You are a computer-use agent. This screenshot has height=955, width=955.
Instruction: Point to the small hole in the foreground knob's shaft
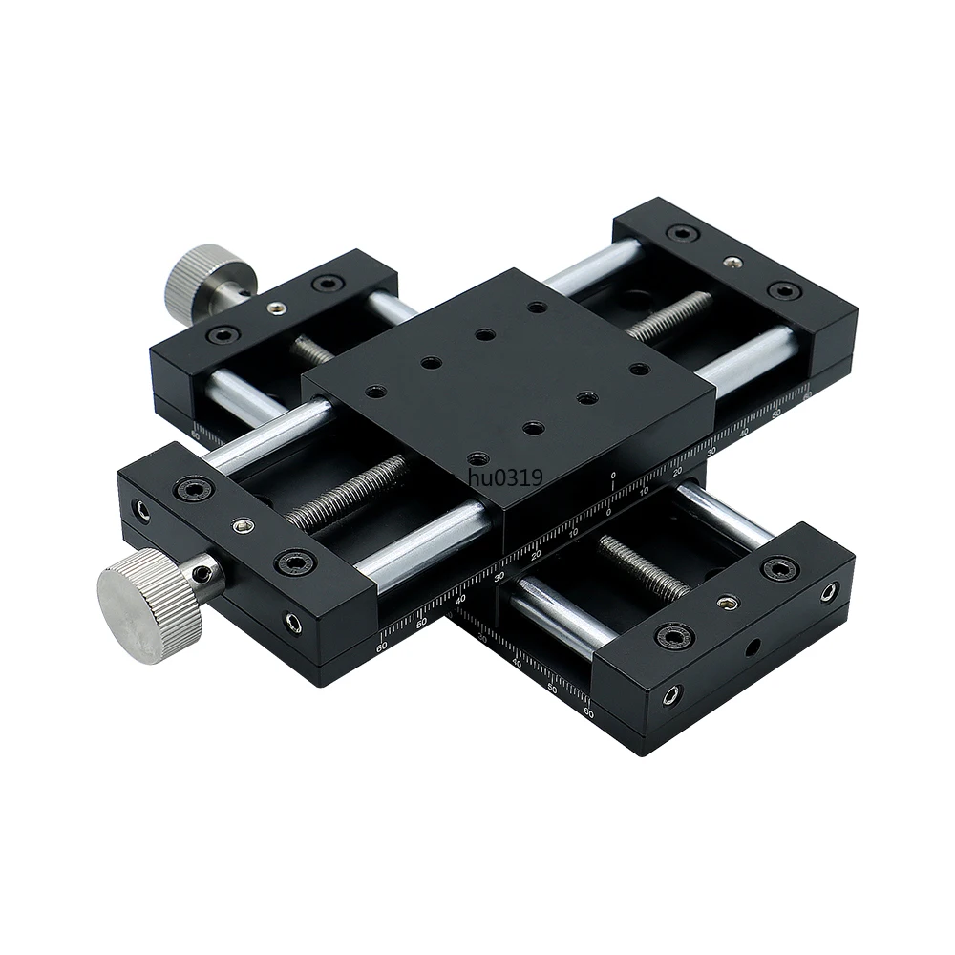[203, 573]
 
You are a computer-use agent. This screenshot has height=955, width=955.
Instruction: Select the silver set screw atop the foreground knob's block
[244, 526]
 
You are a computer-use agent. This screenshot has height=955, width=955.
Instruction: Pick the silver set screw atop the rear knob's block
[275, 308]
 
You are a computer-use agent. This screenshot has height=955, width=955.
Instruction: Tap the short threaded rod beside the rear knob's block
[312, 350]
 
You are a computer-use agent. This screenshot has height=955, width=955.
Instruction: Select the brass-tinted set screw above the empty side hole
[730, 603]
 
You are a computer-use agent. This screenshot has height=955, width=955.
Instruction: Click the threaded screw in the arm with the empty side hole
[643, 566]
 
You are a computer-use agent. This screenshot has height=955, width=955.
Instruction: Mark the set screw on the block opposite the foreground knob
[732, 262]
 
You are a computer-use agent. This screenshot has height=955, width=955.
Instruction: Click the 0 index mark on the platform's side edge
[612, 475]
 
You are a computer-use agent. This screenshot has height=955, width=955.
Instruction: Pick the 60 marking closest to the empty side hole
[587, 711]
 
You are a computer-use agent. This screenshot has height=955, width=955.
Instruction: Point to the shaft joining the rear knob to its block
[240, 288]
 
